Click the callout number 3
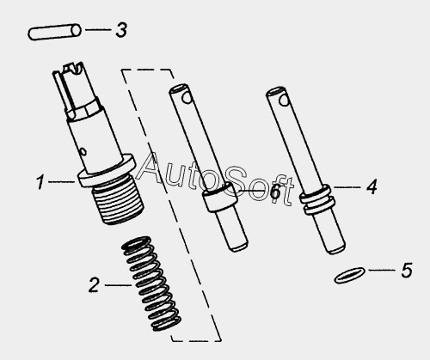[x=121, y=30]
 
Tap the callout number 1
[x=40, y=182]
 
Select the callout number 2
[x=94, y=285]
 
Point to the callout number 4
[x=372, y=187]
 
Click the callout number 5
[x=407, y=270]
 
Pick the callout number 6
[x=275, y=191]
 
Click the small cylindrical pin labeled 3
[x=54, y=32]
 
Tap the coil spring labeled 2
[x=151, y=284]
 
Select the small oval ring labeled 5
[x=349, y=275]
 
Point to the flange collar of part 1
[x=107, y=171]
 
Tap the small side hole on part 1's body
[x=83, y=151]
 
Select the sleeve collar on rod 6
[x=220, y=197]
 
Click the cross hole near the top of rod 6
[x=187, y=98]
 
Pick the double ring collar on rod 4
[x=317, y=199]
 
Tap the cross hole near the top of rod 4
[x=285, y=101]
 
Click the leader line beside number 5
[x=383, y=270]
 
